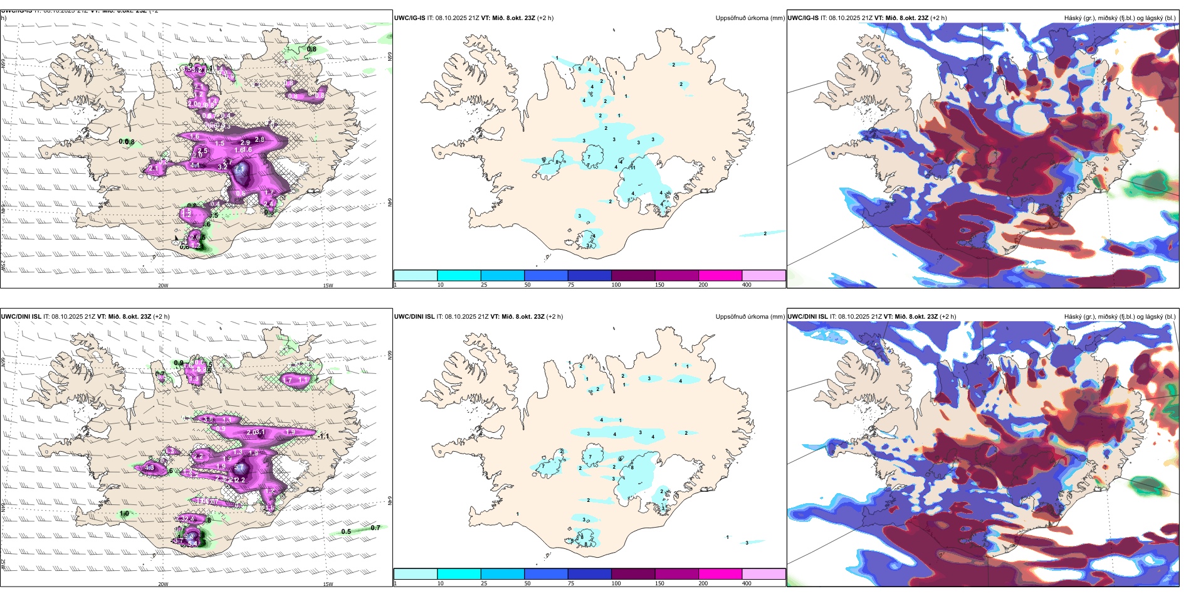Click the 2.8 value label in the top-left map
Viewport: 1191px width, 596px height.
pos(260,139)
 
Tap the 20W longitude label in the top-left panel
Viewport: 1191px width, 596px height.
pos(163,285)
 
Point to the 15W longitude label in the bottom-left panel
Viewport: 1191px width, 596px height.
pos(328,584)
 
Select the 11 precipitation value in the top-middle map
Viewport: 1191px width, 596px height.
pos(633,168)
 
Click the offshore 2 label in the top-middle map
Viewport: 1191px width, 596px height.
pos(765,233)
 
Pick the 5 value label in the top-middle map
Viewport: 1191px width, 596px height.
pos(580,68)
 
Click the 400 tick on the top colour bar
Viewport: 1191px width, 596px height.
pos(747,285)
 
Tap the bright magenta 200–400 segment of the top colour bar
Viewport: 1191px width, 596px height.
pos(720,275)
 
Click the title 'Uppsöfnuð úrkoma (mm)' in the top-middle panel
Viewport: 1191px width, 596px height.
pos(750,18)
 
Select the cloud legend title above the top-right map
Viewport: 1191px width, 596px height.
pos(1120,18)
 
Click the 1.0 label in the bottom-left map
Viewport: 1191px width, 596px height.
pos(124,513)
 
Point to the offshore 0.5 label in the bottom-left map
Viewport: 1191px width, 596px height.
pos(346,531)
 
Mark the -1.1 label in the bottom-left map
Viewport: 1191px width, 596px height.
pos(322,435)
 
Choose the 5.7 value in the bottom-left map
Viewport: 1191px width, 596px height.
pos(239,467)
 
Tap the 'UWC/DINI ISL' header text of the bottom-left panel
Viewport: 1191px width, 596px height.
pos(21,317)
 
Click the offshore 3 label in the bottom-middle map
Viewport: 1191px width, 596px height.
pos(747,543)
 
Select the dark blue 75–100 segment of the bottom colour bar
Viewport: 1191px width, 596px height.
pos(589,574)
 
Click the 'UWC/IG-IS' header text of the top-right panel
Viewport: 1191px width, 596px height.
pos(803,18)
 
